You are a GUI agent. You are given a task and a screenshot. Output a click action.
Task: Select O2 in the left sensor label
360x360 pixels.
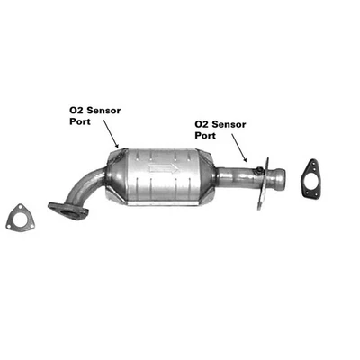[75, 110]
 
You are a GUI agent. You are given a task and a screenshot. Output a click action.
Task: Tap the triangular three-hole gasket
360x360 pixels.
[16, 218]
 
